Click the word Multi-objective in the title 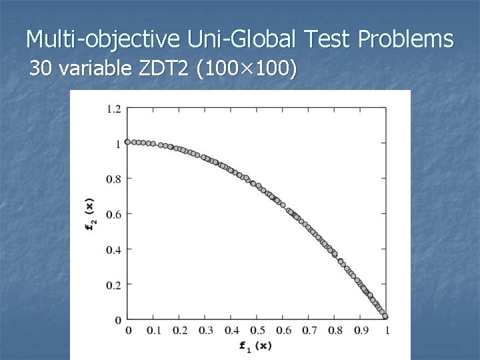[x=102, y=40]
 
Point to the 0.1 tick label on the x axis [x=154, y=330]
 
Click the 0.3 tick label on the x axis [x=206, y=330]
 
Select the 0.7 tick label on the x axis [x=309, y=330]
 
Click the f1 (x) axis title [x=257, y=345]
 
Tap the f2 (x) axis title [x=90, y=214]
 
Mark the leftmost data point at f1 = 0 [x=128, y=142]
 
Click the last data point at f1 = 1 [x=385, y=317]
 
